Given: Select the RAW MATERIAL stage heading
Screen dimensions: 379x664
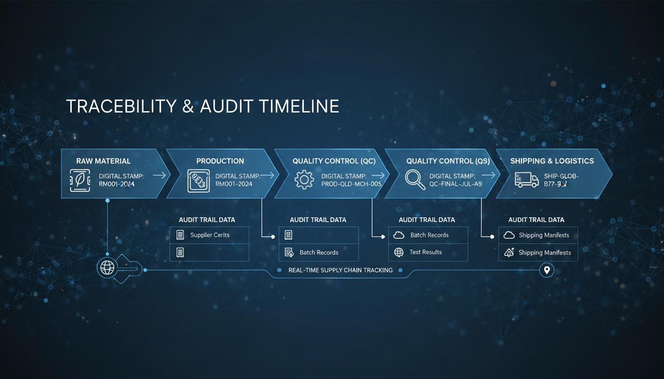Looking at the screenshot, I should tap(103, 161).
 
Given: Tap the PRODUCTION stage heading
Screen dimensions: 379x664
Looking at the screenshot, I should tap(220, 161).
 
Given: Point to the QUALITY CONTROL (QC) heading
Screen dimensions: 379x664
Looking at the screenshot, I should tap(334, 161).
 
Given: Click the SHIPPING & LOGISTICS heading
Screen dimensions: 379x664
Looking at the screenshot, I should tap(552, 161).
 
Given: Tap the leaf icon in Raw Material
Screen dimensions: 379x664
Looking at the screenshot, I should tap(80, 181).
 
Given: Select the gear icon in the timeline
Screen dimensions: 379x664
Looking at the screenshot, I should tap(304, 180).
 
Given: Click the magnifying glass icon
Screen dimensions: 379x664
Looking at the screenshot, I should tap(415, 180).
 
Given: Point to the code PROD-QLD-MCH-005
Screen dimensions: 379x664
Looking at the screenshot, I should tap(351, 184).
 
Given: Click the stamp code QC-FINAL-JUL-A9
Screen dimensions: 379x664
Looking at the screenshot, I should tap(456, 184).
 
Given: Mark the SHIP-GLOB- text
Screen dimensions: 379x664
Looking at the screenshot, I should tap(561, 176).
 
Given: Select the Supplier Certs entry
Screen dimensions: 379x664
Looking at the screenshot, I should tap(209, 235).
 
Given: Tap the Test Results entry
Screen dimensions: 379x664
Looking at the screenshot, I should tap(425, 252).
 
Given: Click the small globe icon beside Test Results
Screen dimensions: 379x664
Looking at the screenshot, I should tap(399, 252).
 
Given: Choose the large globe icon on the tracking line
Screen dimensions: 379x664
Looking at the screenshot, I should tap(107, 268).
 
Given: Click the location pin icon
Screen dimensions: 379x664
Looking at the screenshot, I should tap(546, 270).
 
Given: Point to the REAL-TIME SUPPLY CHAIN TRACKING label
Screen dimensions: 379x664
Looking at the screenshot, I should tap(340, 270).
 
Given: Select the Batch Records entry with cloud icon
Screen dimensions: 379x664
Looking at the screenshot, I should tap(429, 235).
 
